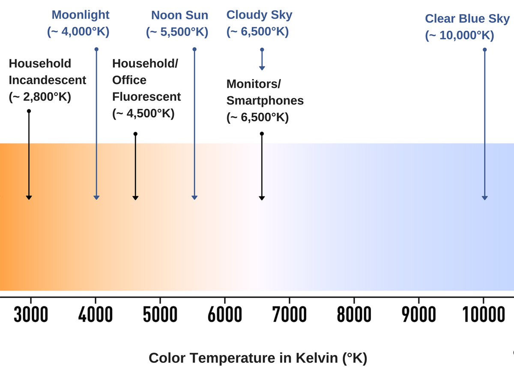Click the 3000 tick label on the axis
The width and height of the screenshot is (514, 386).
31,314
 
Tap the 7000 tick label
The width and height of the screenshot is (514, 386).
290,314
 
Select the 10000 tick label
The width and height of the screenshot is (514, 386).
484,314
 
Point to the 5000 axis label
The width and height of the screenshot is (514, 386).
160,314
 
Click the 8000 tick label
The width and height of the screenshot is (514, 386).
354,314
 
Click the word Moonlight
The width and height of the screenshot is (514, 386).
81,15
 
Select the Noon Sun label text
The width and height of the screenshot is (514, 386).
179,15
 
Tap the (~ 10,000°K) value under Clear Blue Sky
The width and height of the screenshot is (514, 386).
460,36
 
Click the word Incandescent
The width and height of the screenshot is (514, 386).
47,80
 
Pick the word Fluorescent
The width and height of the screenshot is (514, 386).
146,97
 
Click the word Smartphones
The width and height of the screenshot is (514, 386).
265,101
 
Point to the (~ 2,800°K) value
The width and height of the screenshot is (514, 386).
40,97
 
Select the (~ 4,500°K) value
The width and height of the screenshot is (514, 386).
143,114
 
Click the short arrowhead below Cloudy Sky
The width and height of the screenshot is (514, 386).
262,68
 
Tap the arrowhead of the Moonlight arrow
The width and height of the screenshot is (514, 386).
96,198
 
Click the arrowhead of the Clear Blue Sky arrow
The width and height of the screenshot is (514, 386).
485,198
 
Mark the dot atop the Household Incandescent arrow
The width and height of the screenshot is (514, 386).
29,111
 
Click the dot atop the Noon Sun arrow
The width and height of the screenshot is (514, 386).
194,49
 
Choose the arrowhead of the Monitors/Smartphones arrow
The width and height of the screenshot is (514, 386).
262,198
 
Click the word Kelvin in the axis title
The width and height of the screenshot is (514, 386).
317,358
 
